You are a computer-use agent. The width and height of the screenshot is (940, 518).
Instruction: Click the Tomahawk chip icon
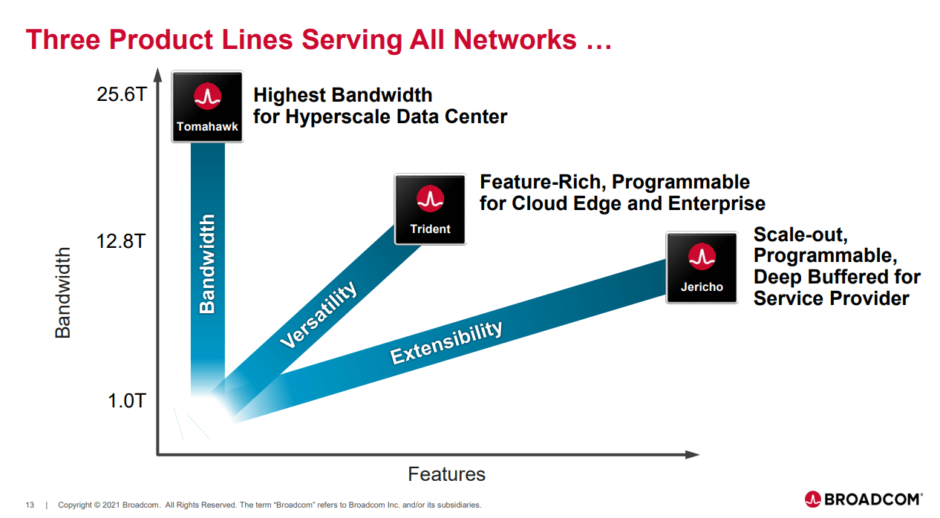pyautogui.click(x=207, y=107)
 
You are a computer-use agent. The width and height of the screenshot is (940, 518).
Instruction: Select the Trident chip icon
pyautogui.click(x=430, y=209)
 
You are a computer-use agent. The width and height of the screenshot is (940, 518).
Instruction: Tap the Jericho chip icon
pyautogui.click(x=701, y=268)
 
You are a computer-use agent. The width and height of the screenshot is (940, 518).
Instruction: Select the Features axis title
pyautogui.click(x=446, y=474)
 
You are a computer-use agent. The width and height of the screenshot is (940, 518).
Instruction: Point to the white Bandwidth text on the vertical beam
pyautogui.click(x=207, y=263)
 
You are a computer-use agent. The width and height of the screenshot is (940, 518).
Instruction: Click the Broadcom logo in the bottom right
pyautogui.click(x=864, y=499)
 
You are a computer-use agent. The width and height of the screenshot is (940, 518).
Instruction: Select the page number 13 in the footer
pyautogui.click(x=30, y=505)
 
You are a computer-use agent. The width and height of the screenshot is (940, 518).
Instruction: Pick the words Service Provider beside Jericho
pyautogui.click(x=831, y=298)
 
